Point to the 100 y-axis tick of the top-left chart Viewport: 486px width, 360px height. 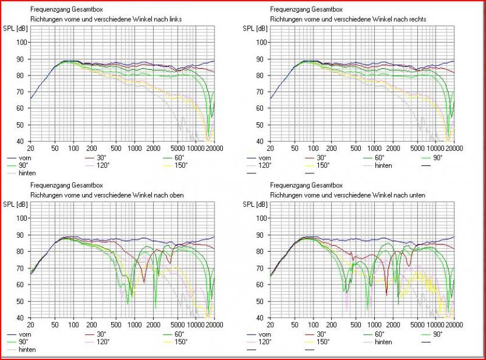click(x=22, y=42)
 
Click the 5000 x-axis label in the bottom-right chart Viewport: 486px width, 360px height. click(x=416, y=325)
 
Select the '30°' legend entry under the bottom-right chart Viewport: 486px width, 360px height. click(x=321, y=334)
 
